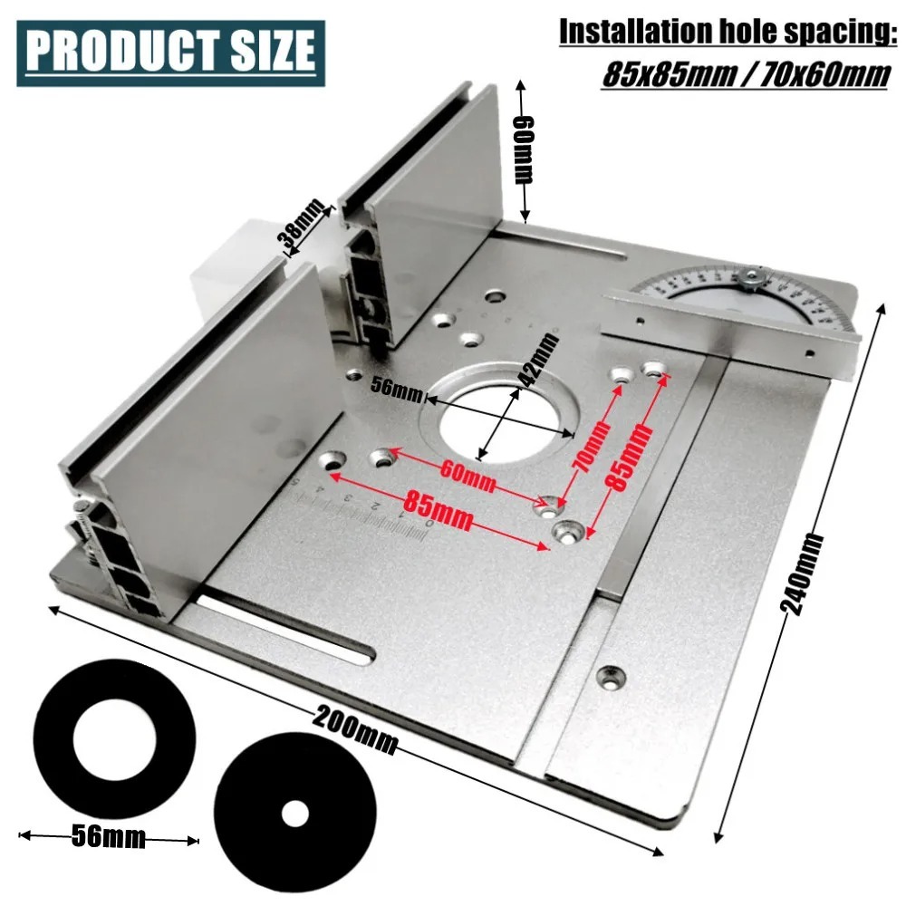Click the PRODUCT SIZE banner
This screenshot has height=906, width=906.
(x=170, y=52)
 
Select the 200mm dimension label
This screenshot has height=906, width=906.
(x=356, y=729)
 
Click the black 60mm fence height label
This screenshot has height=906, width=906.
(x=524, y=149)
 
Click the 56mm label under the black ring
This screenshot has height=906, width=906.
(x=108, y=836)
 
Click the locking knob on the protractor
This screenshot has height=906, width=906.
(x=751, y=276)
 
